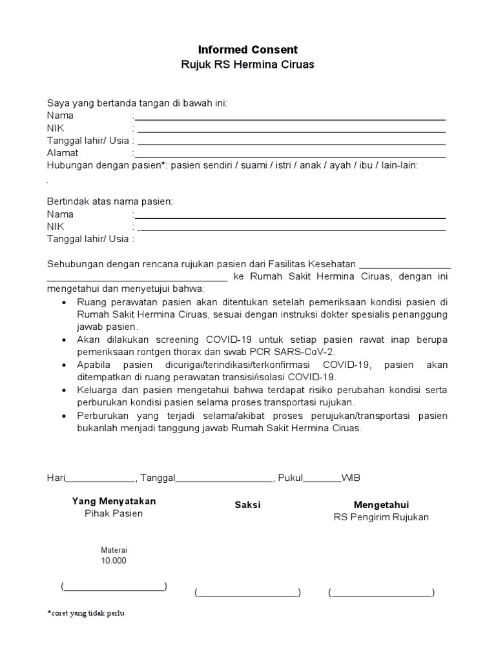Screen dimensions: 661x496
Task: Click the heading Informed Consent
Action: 247,50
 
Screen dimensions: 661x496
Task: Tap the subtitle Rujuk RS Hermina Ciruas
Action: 247,65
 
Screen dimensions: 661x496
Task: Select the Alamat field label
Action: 63,153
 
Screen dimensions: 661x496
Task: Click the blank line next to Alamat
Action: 290,156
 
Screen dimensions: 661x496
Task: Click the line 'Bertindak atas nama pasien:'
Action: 110,201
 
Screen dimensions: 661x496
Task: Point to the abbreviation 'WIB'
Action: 351,478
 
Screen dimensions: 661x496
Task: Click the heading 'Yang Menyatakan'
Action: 114,501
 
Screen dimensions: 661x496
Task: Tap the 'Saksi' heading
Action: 247,505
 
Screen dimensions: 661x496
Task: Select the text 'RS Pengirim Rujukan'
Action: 381,517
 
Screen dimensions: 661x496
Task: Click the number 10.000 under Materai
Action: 114,560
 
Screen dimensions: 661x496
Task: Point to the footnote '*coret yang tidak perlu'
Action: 85,613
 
